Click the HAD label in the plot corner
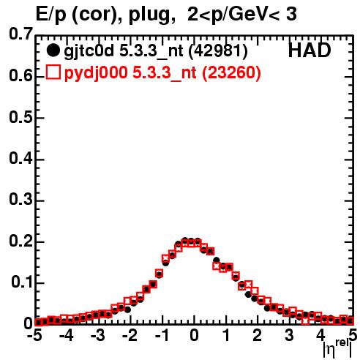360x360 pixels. click(310, 50)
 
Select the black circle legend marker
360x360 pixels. click(53, 50)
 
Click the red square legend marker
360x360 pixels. click(53, 72)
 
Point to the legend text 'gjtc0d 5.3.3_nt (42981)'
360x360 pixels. click(156, 51)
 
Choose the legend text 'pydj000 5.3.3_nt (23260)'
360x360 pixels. click(162, 72)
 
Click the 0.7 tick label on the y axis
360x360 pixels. click(20, 34)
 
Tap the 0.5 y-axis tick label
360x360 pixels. click(20, 118)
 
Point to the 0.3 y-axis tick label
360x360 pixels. click(20, 200)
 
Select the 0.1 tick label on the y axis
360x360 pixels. click(22, 282)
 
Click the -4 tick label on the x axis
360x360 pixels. click(67, 336)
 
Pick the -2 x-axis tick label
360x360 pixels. click(130, 336)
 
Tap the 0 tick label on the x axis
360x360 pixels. click(194, 336)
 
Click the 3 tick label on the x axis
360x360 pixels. click(289, 336)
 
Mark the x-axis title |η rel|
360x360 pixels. click(337, 349)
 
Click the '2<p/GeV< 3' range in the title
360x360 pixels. click(242, 15)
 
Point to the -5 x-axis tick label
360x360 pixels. click(34, 336)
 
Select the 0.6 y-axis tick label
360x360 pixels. click(20, 75)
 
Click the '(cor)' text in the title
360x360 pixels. click(97, 15)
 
